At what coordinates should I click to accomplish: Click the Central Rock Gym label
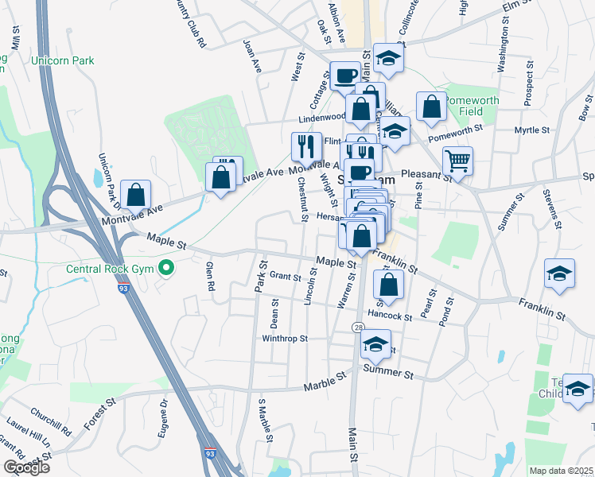(x=111, y=267)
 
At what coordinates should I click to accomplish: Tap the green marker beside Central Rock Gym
(x=166, y=267)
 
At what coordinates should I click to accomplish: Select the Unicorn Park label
(x=62, y=60)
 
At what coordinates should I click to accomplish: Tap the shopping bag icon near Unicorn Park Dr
(x=137, y=194)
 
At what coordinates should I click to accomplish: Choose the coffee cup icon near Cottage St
(x=345, y=76)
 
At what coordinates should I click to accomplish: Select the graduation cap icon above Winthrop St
(x=373, y=344)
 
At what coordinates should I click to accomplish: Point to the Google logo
(x=26, y=467)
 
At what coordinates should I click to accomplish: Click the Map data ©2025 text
(x=562, y=471)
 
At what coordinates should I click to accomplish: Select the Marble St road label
(x=326, y=386)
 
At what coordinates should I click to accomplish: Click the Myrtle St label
(x=532, y=130)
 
